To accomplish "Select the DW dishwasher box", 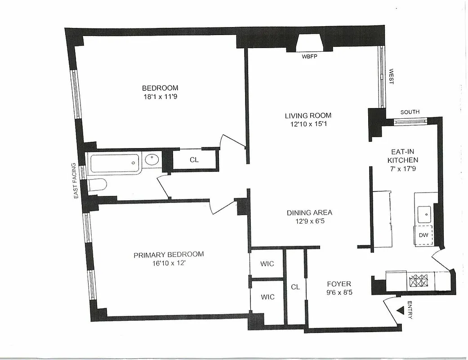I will point(423,235).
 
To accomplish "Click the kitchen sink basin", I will point(423,214).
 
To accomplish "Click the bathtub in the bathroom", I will point(115,162).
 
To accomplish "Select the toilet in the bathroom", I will point(98,185).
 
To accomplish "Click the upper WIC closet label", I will point(267,264).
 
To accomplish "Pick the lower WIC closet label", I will point(267,297).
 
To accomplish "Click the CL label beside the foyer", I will point(295,286).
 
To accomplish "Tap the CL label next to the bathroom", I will point(194,160).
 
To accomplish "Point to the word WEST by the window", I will point(391,76).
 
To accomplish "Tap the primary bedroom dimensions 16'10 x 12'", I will point(169,263).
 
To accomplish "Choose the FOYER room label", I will point(339,284).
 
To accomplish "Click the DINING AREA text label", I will point(309,213).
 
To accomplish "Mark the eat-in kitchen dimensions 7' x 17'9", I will point(403,168).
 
